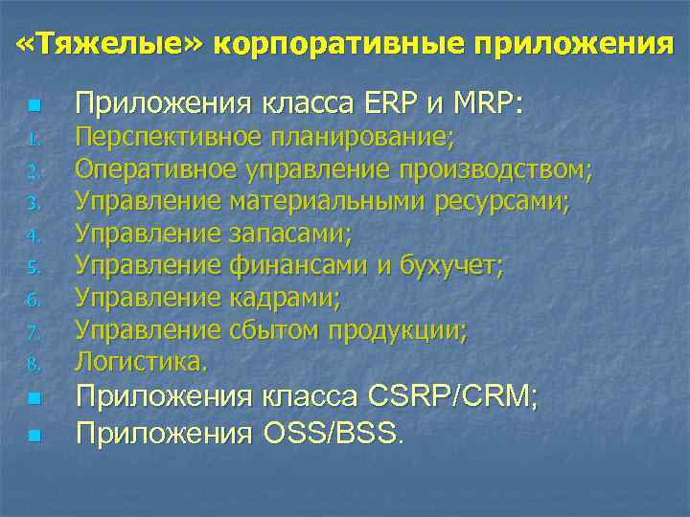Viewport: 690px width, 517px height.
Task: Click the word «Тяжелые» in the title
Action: tap(108, 43)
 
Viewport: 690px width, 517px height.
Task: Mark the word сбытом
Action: tap(276, 330)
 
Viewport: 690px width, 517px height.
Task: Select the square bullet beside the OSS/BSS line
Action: tap(34, 436)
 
